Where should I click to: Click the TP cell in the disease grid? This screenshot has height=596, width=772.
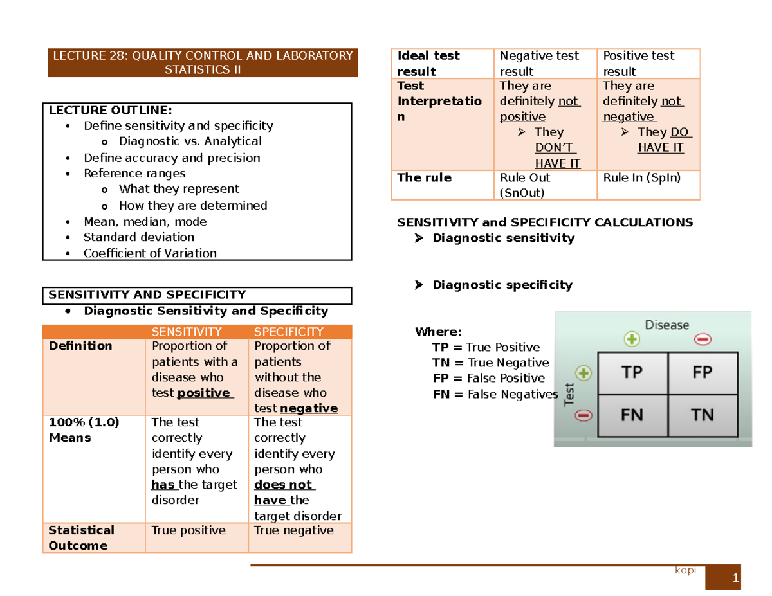tap(632, 372)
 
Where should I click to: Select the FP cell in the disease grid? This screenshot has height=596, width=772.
tap(703, 372)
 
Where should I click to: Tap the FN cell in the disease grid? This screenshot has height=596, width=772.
tap(632, 415)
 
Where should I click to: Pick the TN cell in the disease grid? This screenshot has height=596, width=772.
tap(703, 415)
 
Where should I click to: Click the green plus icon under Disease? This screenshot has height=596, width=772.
tap(632, 339)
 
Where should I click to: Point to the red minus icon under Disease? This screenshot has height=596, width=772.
tap(702, 339)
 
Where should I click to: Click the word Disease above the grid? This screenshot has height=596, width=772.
tap(667, 325)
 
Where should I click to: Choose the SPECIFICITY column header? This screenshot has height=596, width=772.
tap(289, 332)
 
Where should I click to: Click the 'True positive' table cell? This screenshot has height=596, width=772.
tap(188, 530)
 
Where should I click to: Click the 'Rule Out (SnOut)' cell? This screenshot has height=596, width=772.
tap(525, 185)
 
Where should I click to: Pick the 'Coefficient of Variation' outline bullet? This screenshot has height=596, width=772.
tap(150, 253)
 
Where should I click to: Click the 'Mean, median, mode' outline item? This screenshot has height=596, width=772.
tap(145, 222)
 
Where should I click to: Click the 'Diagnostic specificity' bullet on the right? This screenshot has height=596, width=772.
tap(502, 285)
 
